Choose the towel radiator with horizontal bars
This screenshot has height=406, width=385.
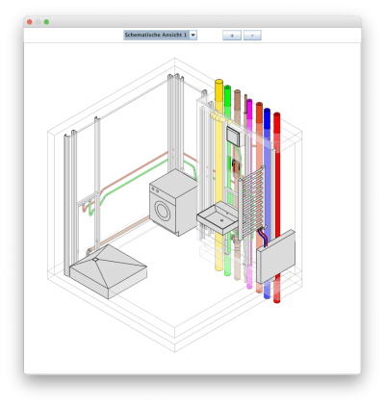pos(252,207)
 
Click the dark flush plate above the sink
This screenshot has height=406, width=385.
pos(232,136)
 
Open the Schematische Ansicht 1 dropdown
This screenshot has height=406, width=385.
pos(156,35)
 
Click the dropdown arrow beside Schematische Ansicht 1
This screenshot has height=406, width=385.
pos(193,35)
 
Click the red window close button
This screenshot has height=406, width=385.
pos(29,21)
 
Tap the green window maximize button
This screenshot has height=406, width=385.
pos(46,21)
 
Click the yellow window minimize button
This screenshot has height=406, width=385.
pos(38,21)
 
